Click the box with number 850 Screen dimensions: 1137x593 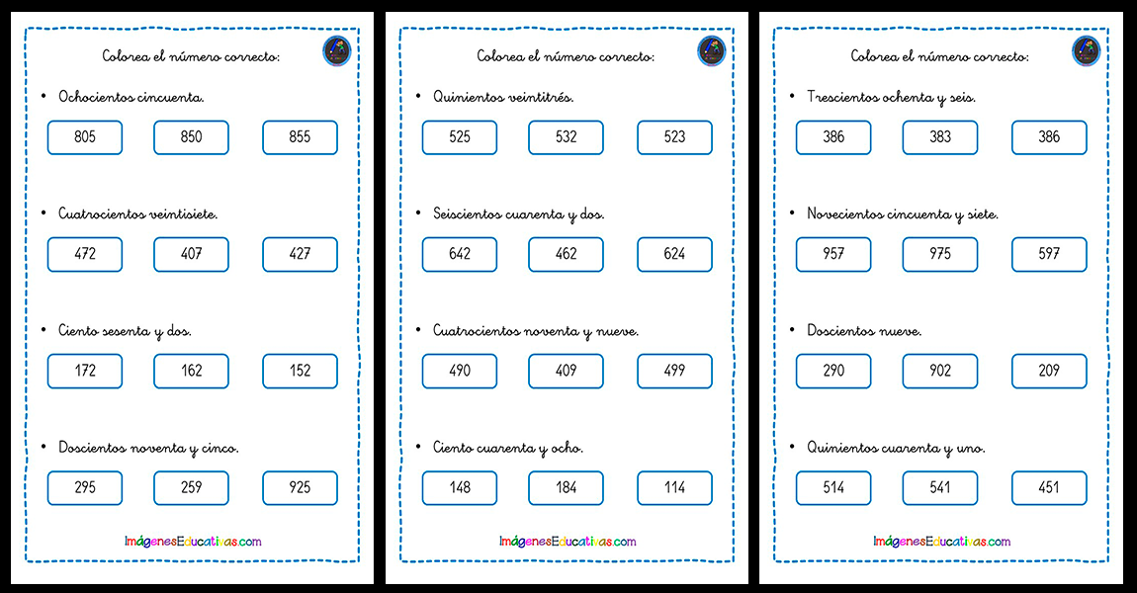click(192, 137)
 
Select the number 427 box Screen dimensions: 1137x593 click(301, 254)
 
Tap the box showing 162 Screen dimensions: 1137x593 click(192, 372)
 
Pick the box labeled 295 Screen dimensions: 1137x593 click(85, 488)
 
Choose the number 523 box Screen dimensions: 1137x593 click(675, 137)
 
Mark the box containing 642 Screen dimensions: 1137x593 click(460, 254)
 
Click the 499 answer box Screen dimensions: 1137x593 click(675, 372)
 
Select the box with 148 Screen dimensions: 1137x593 click(460, 488)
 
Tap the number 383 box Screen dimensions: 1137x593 click(940, 137)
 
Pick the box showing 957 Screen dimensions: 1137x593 click(833, 254)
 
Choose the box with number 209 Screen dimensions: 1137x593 click(1049, 372)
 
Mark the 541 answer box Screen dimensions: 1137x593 click(940, 488)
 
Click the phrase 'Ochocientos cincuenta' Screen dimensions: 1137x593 click(131, 97)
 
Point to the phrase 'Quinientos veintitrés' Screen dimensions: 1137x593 click(503, 97)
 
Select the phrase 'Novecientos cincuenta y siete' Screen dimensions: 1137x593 click(903, 214)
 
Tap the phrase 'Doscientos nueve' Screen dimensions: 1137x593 click(864, 331)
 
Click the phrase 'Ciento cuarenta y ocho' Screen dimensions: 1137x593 click(507, 448)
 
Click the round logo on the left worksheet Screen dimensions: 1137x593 click(336, 51)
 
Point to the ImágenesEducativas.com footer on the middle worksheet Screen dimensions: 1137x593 click(568, 542)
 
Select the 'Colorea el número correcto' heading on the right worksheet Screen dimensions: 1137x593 click(940, 56)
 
